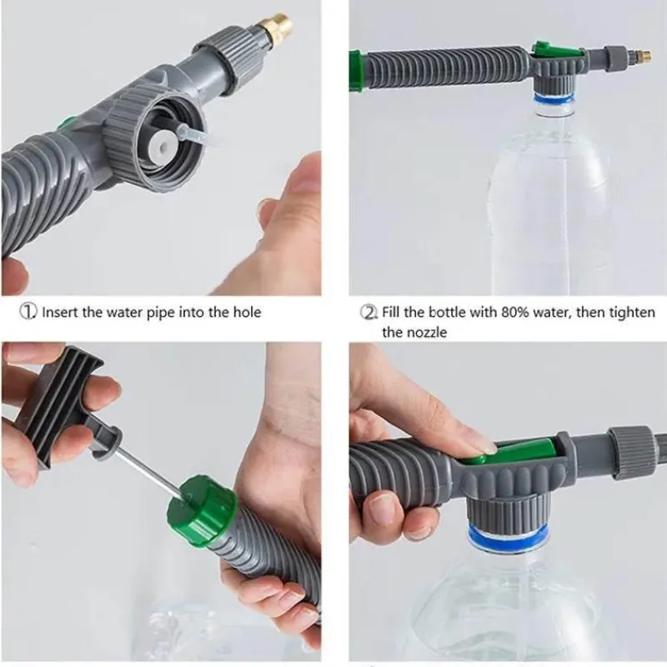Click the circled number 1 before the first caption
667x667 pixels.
tap(28, 312)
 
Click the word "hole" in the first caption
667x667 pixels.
tap(247, 312)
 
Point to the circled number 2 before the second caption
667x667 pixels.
tap(369, 312)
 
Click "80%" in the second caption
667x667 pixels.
tap(515, 312)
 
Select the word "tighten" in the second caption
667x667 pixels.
tap(632, 313)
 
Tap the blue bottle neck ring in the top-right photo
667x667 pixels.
tap(554, 99)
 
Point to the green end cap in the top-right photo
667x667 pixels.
tap(356, 71)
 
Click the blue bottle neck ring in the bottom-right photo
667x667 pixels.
tap(509, 534)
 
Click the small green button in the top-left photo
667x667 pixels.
tap(65, 124)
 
